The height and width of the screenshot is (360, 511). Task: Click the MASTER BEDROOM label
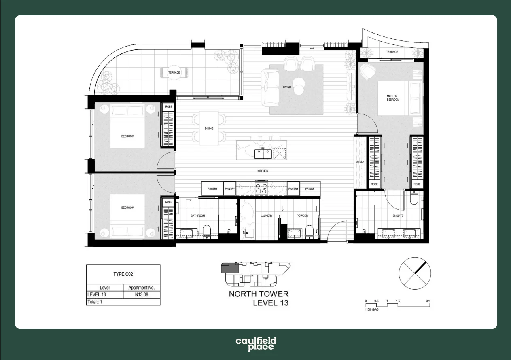tap(392, 97)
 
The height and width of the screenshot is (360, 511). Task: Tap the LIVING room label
tap(287, 87)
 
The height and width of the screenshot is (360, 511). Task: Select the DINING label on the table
tap(209, 129)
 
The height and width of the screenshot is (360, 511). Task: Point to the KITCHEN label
tap(263, 171)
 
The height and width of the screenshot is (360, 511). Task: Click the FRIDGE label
tap(310, 189)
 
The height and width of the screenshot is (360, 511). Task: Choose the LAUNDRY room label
tap(266, 216)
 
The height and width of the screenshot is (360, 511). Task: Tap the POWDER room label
tap(302, 216)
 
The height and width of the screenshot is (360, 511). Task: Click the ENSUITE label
tap(398, 216)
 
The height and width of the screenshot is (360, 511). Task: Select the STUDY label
tap(360, 162)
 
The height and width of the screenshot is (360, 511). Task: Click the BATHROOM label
tap(198, 216)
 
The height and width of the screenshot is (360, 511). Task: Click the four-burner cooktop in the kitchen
tap(261, 188)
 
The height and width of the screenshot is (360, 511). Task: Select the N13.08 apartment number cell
tap(142, 295)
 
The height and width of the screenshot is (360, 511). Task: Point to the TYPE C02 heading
tap(123, 274)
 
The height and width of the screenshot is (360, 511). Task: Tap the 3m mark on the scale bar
tap(428, 301)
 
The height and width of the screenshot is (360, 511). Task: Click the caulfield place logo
tap(256, 344)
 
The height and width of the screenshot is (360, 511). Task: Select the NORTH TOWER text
tap(259, 294)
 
